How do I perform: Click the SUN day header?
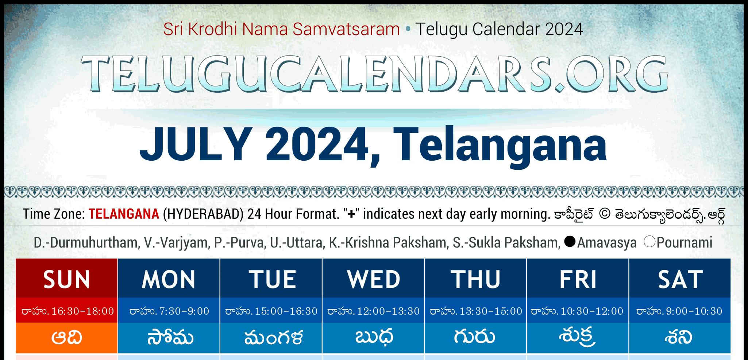coord(67,279)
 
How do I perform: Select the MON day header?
coord(169,279)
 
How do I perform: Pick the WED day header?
coord(373,279)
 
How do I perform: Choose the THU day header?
coord(475,279)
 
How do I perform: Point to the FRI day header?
coord(578,279)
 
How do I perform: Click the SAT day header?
coord(680,279)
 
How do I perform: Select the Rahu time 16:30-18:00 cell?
coord(67,311)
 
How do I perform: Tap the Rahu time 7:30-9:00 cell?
coord(169,311)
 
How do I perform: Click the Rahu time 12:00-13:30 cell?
coord(373,311)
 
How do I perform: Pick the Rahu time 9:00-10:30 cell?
coord(680,311)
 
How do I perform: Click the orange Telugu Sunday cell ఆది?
coord(67,338)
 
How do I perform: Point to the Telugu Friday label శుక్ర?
coord(578,337)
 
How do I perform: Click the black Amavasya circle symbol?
coord(570,241)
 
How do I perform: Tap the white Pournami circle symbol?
coord(649,241)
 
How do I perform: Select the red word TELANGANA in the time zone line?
coord(124,214)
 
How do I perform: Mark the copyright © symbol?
coord(605,214)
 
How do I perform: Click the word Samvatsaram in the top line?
coord(346,29)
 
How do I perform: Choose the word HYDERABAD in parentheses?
coord(203,214)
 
